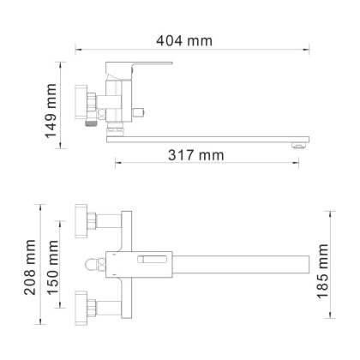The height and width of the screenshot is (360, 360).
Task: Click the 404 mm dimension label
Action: click(x=185, y=39)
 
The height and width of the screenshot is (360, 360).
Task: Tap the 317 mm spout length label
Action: click(x=196, y=155)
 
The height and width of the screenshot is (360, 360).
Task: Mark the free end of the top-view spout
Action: click(x=304, y=261)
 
